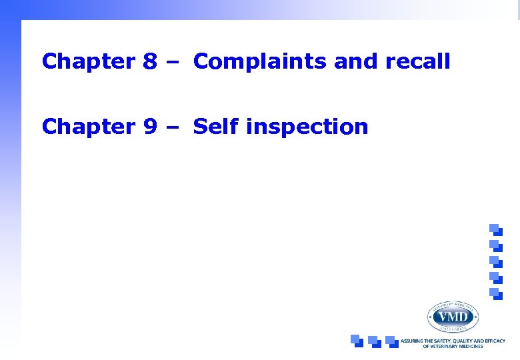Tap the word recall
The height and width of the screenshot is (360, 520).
pyautogui.click(x=417, y=62)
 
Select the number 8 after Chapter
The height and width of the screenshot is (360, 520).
pyautogui.click(x=149, y=62)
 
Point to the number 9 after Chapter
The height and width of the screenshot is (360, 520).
pyautogui.click(x=149, y=126)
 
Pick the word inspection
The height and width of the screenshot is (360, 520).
pyautogui.click(x=307, y=126)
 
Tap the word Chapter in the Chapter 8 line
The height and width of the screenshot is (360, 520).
pyautogui.click(x=88, y=62)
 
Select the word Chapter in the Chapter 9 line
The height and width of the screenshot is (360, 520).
pyautogui.click(x=88, y=126)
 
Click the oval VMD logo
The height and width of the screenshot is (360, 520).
pyautogui.click(x=452, y=316)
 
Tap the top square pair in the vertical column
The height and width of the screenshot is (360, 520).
pyautogui.click(x=495, y=229)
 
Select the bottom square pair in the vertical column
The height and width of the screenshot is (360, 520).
pyautogui.click(x=495, y=293)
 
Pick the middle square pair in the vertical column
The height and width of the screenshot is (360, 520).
pyautogui.click(x=495, y=261)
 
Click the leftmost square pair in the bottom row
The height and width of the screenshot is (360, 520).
pyautogui.click(x=357, y=341)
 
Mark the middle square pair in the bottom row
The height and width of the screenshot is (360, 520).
pyautogui.click(x=374, y=341)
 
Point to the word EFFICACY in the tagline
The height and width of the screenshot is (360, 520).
pyautogui.click(x=494, y=341)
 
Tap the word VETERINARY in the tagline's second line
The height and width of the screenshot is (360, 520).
pyautogui.click(x=445, y=347)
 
